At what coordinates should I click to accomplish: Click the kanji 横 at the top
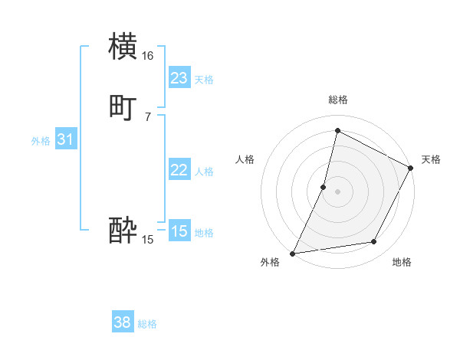click(123, 46)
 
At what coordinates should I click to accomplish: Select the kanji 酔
click(123, 230)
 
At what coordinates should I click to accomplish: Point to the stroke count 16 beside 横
click(147, 55)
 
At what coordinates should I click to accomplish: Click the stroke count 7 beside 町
click(147, 116)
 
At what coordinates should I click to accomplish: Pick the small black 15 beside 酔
click(147, 240)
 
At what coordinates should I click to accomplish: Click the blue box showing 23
click(179, 78)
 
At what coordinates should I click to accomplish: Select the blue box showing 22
click(179, 170)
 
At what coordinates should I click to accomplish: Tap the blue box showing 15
click(179, 231)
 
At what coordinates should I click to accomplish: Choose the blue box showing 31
click(65, 139)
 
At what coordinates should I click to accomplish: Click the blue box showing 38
click(123, 322)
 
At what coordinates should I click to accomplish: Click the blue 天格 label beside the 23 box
click(204, 80)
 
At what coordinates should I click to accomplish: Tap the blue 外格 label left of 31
click(41, 141)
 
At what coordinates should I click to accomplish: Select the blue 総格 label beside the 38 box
click(147, 324)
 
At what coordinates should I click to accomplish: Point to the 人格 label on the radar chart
click(245, 159)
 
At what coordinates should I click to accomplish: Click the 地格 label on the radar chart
click(402, 263)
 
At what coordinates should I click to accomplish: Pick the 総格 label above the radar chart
click(338, 100)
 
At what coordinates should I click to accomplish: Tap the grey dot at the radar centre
click(337, 191)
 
